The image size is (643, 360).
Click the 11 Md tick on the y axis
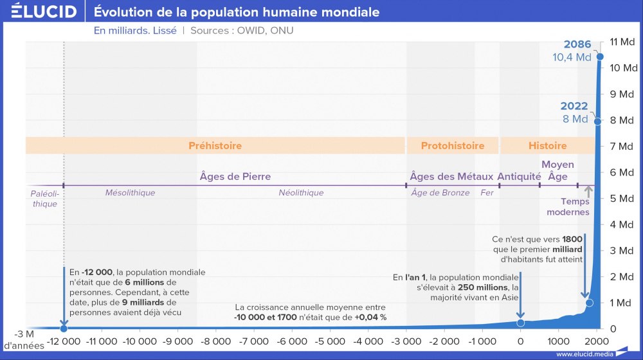(x=622, y=42)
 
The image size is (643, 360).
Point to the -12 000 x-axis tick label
(x=64, y=341)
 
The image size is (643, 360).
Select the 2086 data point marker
(x=600, y=57)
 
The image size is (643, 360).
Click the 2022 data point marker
(x=597, y=121)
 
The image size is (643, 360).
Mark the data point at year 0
(x=520, y=322)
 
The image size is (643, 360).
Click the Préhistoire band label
(x=215, y=146)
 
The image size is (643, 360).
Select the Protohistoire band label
(x=452, y=146)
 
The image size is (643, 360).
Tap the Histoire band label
(x=547, y=146)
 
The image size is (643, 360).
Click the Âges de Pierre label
(x=235, y=176)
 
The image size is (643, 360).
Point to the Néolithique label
(x=301, y=193)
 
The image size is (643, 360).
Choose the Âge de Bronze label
(x=440, y=193)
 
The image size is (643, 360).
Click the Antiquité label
(x=519, y=176)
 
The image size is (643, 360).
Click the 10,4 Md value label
(x=572, y=57)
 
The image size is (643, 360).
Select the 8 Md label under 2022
(x=575, y=119)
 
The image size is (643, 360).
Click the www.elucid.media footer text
(x=583, y=354)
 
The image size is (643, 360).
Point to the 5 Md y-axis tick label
(x=622, y=198)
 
